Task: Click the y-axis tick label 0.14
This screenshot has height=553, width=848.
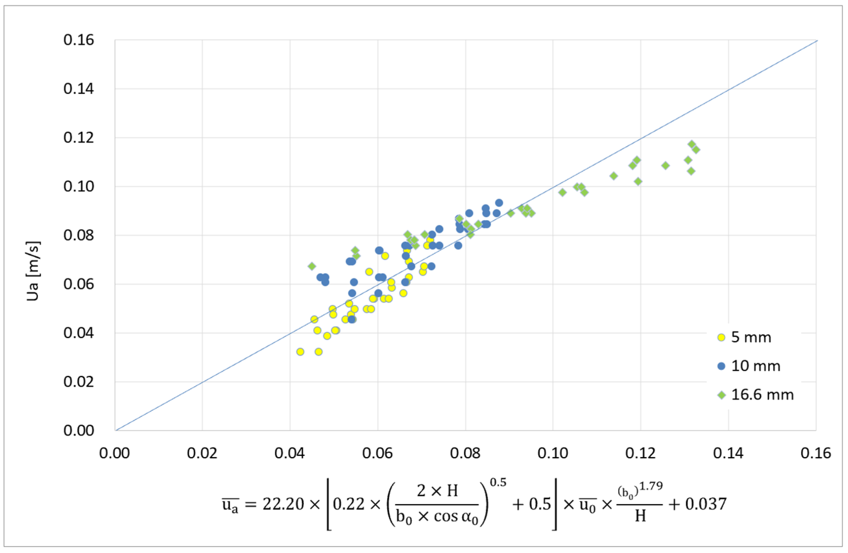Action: [x=78, y=89]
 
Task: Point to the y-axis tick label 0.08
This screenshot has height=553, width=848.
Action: [x=78, y=235]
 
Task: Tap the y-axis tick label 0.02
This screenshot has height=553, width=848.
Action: [x=78, y=382]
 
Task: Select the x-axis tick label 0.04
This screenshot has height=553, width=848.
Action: [x=290, y=454]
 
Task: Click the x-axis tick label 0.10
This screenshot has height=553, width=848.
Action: [x=553, y=454]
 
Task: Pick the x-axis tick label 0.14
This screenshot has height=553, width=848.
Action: [x=728, y=454]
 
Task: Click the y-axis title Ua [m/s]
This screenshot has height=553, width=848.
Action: [x=33, y=271]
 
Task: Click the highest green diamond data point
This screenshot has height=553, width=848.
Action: [x=692, y=144]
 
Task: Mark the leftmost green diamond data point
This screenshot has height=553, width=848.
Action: [x=312, y=266]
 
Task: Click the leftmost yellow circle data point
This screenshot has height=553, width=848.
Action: [x=300, y=352]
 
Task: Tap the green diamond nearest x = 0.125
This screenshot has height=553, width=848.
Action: [x=665, y=166]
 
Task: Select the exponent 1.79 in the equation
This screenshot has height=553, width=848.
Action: [x=650, y=486]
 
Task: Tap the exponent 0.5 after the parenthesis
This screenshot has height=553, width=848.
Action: [x=498, y=483]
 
